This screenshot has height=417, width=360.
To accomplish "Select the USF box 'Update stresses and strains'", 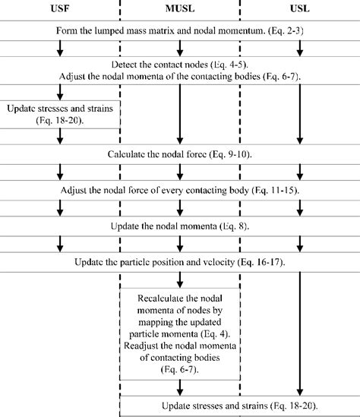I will [x=60, y=115].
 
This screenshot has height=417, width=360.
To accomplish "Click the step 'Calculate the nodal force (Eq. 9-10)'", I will [x=180, y=154].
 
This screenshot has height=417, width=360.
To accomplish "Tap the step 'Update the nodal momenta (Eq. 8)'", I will [x=180, y=226].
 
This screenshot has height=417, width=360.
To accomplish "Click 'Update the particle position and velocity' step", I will [x=180, y=262].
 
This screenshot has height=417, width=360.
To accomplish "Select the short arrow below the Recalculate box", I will [x=180, y=385].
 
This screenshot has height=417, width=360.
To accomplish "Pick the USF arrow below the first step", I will [x=59, y=48].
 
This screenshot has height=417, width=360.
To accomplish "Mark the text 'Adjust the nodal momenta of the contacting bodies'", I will [x=179, y=77].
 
